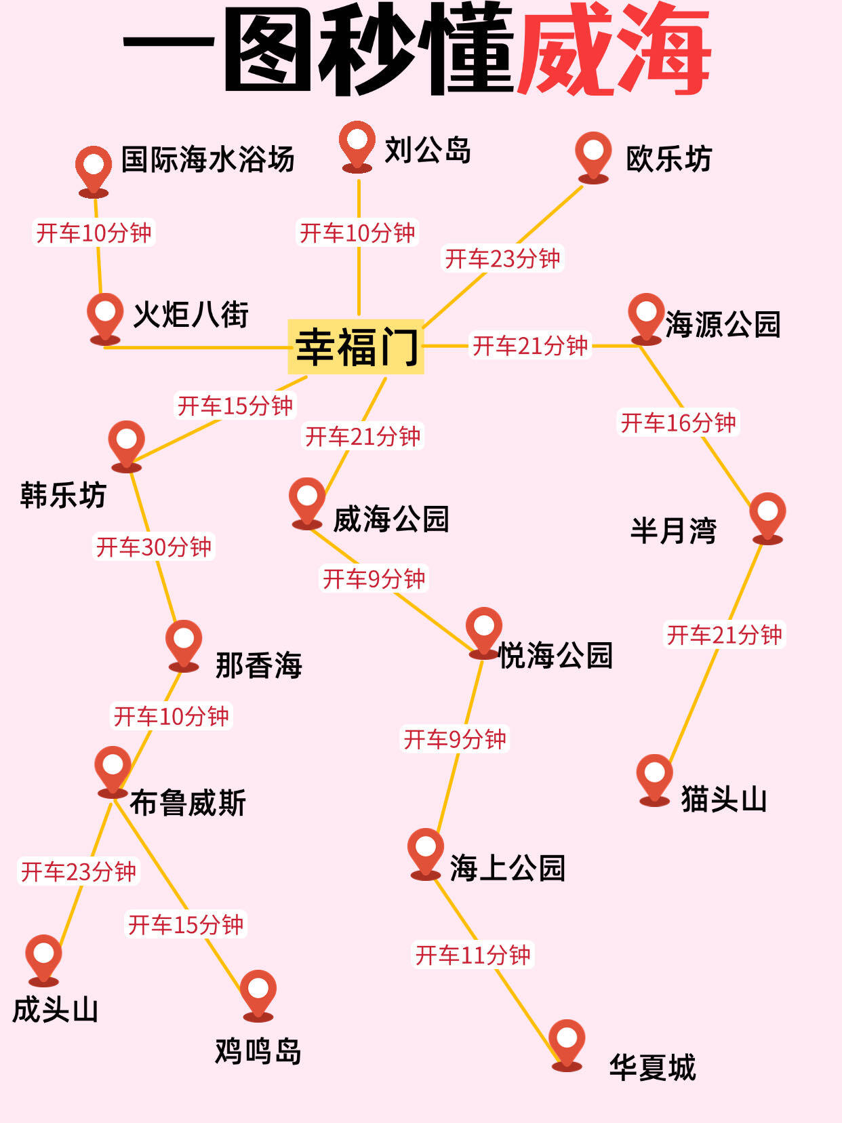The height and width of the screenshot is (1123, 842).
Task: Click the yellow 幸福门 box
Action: pyautogui.click(x=356, y=347)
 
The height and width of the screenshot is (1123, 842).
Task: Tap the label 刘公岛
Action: pyautogui.click(x=428, y=150)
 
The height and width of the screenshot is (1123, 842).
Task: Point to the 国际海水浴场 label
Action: pyautogui.click(x=207, y=159)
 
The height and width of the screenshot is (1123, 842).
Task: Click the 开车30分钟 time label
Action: pyautogui.click(x=154, y=547)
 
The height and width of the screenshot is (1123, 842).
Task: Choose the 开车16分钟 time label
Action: pyautogui.click(x=678, y=422)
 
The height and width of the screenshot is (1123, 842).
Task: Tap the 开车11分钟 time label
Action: pyautogui.click(x=473, y=955)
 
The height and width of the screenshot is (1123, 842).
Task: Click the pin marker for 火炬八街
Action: pyautogui.click(x=105, y=315)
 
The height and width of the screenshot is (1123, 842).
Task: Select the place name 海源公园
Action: pyautogui.click(x=723, y=324)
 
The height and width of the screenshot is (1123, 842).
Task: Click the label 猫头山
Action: pyautogui.click(x=724, y=799)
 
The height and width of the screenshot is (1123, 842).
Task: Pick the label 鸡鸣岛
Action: pyautogui.click(x=258, y=1052)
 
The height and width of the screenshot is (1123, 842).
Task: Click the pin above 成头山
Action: pyautogui.click(x=43, y=956)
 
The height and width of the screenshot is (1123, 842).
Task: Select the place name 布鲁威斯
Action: pyautogui.click(x=188, y=803)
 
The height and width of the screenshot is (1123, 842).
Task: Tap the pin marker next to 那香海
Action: pyautogui.click(x=184, y=642)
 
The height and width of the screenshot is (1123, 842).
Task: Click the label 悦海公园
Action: pyautogui.click(x=555, y=655)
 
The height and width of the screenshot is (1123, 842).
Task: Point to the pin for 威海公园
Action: pyautogui.click(x=307, y=499)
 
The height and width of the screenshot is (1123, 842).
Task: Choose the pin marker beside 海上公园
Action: pyautogui.click(x=426, y=850)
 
